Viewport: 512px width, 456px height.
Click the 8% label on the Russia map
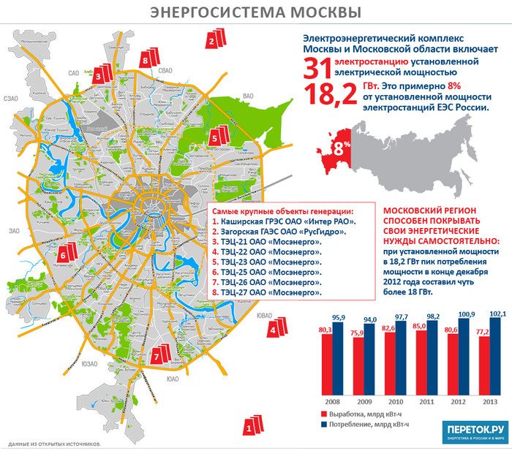[x=342, y=145]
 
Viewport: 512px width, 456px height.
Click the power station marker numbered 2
[x=213, y=39]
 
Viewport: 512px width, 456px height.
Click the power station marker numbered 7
[x=158, y=357]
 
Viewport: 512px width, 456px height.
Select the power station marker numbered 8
[x=148, y=58]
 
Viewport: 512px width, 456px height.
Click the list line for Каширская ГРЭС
[x=284, y=220]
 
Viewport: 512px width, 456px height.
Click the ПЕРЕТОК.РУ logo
[x=474, y=432]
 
